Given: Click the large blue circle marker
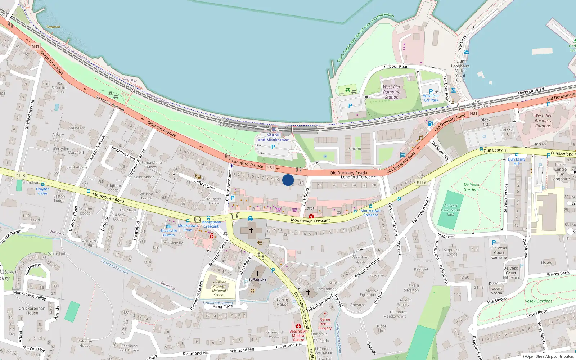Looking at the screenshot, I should coord(288,180).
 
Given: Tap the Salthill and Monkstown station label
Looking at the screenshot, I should coord(274,138).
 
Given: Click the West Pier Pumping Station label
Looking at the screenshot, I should coord(392,92).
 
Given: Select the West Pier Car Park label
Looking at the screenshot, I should coord(431,98).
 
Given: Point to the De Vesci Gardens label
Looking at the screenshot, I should coord(471,187).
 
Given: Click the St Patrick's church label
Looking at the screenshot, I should coord(258,279).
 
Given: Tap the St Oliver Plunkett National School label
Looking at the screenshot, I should coord(219,289).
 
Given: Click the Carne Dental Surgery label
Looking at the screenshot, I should coord(325,324).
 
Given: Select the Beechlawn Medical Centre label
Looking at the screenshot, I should coord(298,336).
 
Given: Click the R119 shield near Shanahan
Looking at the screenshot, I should coord(21,176).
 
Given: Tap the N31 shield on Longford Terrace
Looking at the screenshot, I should coord(270,168).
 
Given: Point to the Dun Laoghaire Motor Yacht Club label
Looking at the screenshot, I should coord(460,71).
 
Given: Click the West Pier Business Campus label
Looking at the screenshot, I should coord(543,121).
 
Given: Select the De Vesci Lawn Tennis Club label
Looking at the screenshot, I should coord(451,210).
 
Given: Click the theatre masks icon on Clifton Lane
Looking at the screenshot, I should coord(197,176).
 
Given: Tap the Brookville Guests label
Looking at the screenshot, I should coord(169,233).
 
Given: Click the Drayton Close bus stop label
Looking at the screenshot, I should coord(42,191).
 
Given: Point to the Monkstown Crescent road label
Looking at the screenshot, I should coord(310,220).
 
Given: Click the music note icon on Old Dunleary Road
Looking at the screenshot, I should coord(420,138).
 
